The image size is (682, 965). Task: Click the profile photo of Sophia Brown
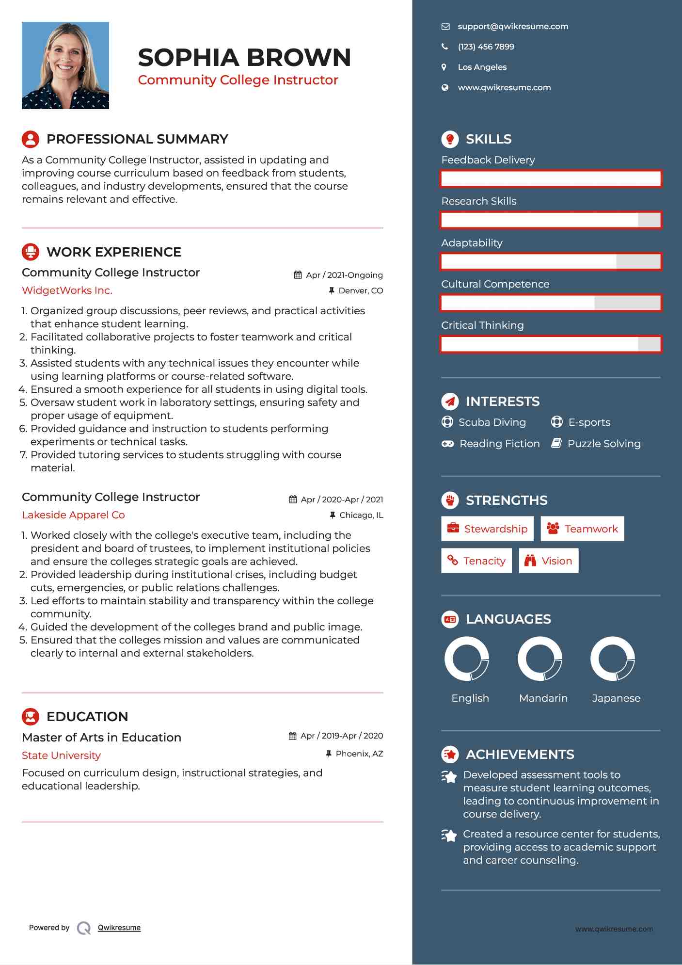[65, 65]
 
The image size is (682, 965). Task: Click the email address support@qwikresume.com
[512, 27]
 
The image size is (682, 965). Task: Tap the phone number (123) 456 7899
[486, 47]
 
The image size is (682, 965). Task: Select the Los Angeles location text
[482, 67]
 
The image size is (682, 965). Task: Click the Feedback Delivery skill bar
[551, 178]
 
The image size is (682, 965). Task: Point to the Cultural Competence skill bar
[551, 303]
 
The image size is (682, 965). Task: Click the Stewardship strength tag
[487, 529]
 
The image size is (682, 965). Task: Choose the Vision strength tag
[548, 561]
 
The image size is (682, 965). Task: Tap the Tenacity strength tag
[476, 561]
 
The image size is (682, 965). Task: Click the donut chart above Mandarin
[539, 659]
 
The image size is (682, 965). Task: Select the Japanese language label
[616, 698]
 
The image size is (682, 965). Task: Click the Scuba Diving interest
[492, 422]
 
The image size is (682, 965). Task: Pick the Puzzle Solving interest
[603, 444]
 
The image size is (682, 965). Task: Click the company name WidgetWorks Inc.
[67, 290]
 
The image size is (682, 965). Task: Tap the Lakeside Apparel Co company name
[73, 515]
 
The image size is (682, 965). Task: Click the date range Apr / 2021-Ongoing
[344, 275]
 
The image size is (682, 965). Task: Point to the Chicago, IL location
[361, 515]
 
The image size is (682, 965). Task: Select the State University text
[61, 756]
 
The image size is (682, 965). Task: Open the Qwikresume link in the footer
[119, 928]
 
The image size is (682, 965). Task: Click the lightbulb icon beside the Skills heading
[450, 139]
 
